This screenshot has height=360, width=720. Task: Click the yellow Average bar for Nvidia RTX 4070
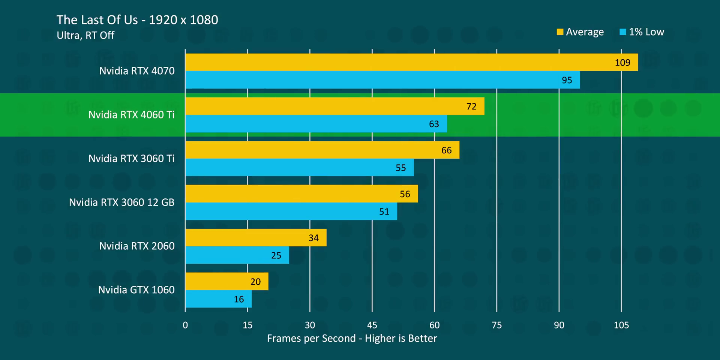pos(411,62)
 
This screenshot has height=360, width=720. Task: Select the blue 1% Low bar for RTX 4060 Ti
pos(316,124)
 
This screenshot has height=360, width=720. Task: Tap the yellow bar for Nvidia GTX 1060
pos(227,281)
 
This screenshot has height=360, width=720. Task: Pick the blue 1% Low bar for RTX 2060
pos(237,255)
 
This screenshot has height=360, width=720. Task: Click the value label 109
pos(622,63)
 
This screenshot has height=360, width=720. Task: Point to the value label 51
pos(384,211)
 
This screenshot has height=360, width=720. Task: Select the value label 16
pos(239,299)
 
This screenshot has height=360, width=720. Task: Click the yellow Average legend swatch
pos(560,32)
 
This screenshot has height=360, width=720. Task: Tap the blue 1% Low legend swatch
pos(623,32)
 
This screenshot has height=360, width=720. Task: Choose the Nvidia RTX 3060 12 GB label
pos(122,202)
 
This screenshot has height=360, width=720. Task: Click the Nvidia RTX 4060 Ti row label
pos(132,115)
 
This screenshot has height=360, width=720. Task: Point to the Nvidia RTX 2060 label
pos(137,246)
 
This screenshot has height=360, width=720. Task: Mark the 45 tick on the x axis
pos(372,325)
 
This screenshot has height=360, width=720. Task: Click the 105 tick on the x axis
pos(621,325)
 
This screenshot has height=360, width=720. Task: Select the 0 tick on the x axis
pos(185,325)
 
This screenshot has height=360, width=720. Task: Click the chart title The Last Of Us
pos(137,20)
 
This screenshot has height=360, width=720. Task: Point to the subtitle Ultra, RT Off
pos(85,35)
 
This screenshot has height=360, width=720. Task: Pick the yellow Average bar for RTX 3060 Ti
pos(322,150)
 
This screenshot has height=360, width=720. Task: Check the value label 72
pos(471,106)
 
